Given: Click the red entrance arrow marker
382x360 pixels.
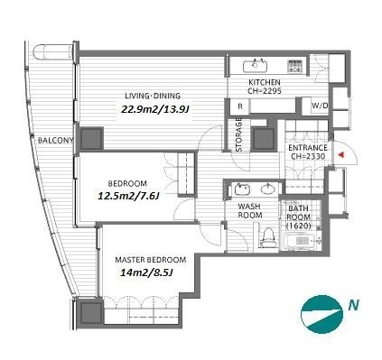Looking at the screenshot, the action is [x=340, y=154].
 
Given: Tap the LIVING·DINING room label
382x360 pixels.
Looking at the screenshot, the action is [x=153, y=96].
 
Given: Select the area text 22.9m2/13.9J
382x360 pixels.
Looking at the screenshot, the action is [x=155, y=109].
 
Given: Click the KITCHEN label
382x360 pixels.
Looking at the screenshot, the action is [x=265, y=82].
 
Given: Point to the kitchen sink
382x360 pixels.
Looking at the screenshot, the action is [x=255, y=66].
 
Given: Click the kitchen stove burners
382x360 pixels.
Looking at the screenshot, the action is [x=295, y=66].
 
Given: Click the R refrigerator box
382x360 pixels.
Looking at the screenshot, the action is [x=239, y=106].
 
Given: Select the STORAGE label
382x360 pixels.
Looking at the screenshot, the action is [x=239, y=134].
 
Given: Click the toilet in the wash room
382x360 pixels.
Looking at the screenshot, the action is [x=268, y=237].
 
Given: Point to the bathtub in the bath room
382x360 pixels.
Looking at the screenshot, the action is [x=300, y=241].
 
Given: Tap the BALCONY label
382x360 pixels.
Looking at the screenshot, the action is [x=56, y=141].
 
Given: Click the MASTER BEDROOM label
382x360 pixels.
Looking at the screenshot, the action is [x=151, y=260].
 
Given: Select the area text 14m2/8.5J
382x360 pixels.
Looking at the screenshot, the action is [x=146, y=272].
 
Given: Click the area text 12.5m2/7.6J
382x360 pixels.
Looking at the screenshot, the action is [x=128, y=196].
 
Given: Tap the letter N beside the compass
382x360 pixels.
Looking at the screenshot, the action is [x=354, y=306].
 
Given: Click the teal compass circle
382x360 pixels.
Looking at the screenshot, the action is [x=322, y=315].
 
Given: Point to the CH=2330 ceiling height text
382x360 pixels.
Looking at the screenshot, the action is [x=307, y=156].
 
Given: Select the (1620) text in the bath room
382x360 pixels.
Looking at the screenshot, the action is [x=299, y=226].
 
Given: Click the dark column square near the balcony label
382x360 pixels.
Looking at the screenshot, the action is [x=91, y=139].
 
